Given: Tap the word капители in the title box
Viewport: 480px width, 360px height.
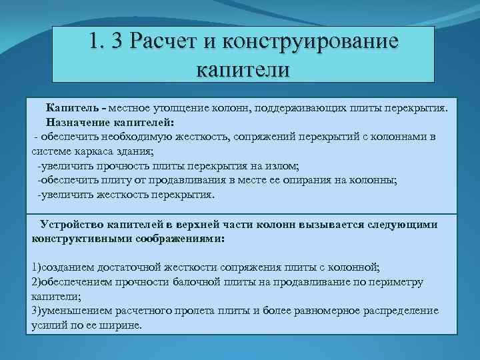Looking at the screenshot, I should (243, 67).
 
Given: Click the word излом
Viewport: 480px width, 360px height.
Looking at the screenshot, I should (284, 166).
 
